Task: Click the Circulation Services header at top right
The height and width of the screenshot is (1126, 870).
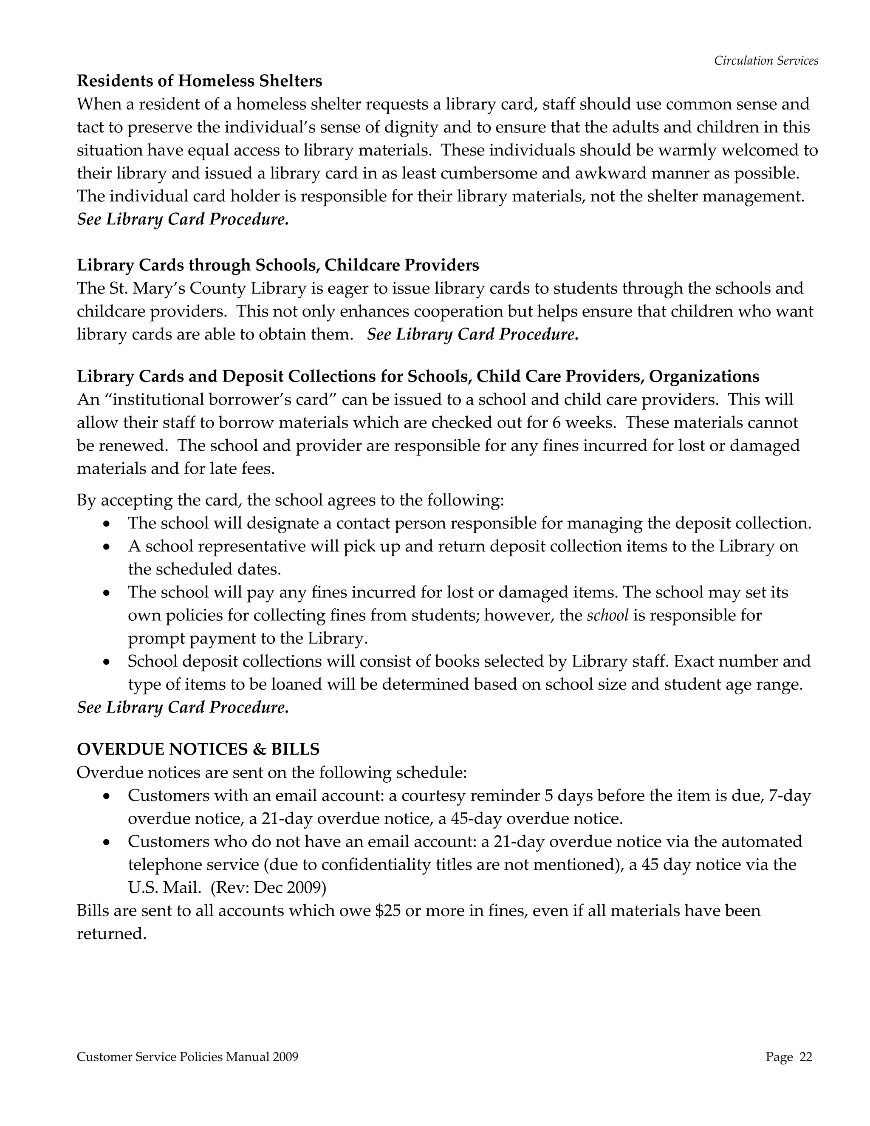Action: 766,61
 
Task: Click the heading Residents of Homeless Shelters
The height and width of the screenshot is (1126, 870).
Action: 200,81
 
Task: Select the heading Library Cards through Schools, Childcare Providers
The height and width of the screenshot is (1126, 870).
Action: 278,265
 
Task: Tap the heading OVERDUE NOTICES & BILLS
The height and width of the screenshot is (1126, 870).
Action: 198,749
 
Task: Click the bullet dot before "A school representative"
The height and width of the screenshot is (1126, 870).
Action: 107,546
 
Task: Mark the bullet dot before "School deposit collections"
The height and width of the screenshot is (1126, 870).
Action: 107,662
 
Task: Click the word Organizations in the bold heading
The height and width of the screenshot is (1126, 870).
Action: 704,376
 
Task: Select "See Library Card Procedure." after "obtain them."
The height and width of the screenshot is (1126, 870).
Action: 473,334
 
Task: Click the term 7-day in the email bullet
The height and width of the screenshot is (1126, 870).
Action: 790,795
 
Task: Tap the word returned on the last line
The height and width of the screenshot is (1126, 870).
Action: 112,934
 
